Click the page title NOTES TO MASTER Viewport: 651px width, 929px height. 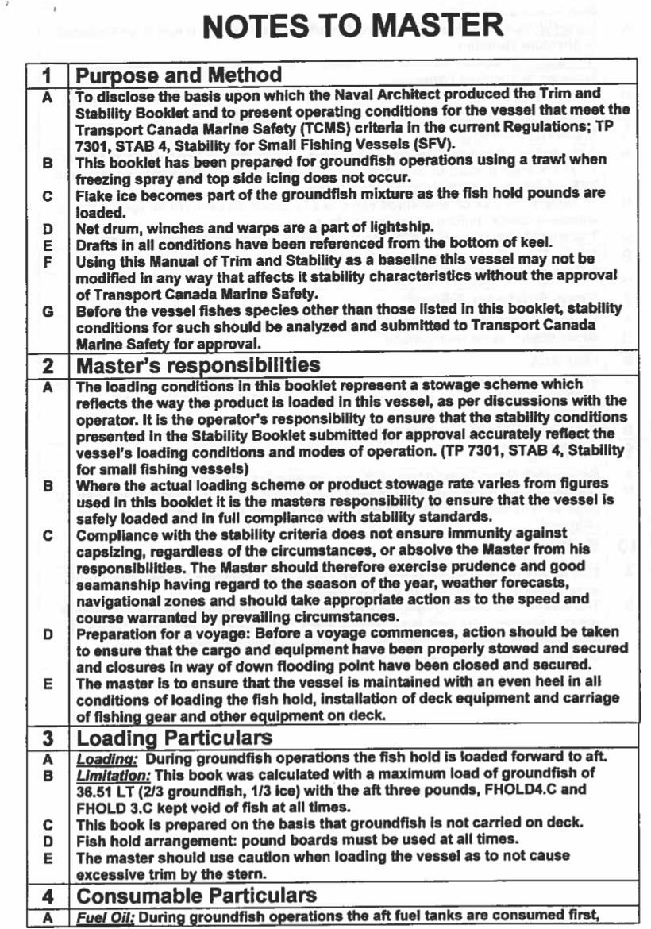click(x=352, y=25)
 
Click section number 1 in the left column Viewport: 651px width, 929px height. click(x=47, y=76)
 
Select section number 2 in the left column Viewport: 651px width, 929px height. click(x=47, y=366)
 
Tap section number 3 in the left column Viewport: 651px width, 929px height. click(x=47, y=739)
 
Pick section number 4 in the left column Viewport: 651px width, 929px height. click(x=47, y=896)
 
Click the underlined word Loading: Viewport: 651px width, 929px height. click(x=103, y=758)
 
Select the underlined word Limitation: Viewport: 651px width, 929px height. click(x=110, y=773)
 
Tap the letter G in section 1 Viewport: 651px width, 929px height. click(x=47, y=311)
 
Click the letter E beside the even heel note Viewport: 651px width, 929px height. click(x=47, y=681)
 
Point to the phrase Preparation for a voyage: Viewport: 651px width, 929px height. click(x=151, y=632)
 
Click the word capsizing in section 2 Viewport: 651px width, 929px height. click(x=107, y=549)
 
